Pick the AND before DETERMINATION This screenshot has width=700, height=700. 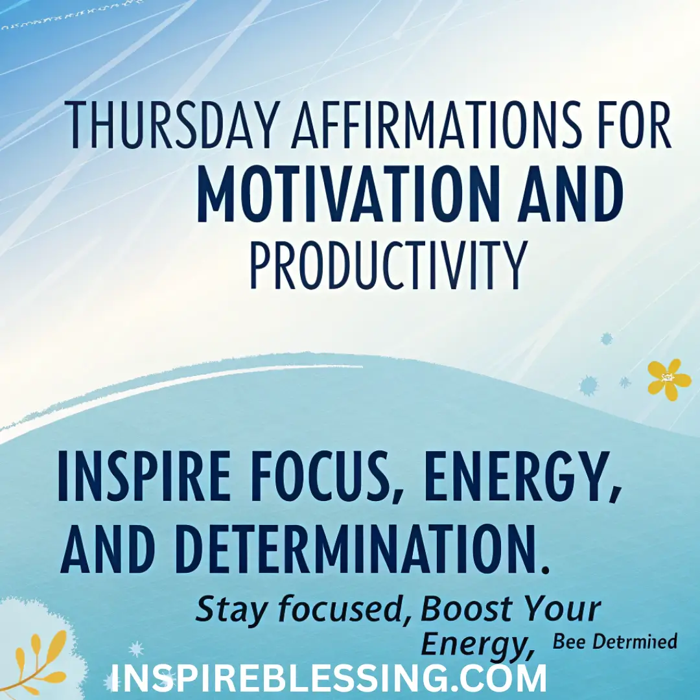pyautogui.click(x=108, y=550)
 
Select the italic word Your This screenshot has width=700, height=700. pyautogui.click(x=562, y=609)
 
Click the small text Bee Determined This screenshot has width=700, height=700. pyautogui.click(x=614, y=642)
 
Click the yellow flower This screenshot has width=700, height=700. pyautogui.click(x=669, y=379)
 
